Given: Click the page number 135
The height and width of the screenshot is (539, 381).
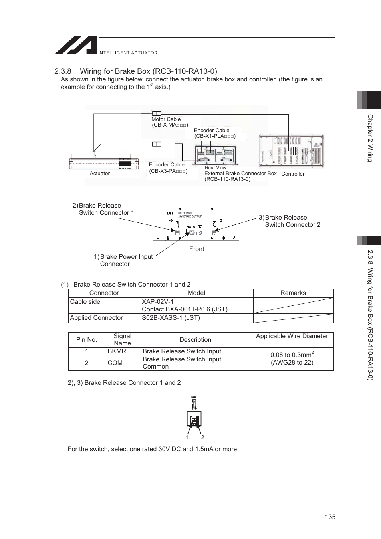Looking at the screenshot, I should pyautogui.click(x=330, y=517).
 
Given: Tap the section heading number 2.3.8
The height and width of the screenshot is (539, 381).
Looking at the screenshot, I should pyautogui.click(x=63, y=71).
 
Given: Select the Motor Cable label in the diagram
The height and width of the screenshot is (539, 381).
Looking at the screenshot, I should pyautogui.click(x=166, y=119).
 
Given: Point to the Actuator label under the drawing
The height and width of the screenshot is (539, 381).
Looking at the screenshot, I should pyautogui.click(x=99, y=174).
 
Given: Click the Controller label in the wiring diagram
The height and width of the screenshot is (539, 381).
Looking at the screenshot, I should pyautogui.click(x=293, y=174).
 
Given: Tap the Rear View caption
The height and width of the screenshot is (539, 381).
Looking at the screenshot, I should pyautogui.click(x=215, y=168).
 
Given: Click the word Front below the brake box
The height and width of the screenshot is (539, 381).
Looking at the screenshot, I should pyautogui.click(x=196, y=249).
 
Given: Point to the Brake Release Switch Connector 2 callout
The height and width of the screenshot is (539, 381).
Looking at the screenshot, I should pyautogui.click(x=292, y=221).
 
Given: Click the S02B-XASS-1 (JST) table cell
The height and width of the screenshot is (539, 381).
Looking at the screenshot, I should pyautogui.click(x=171, y=318).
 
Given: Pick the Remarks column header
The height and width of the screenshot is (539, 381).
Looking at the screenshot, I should pyautogui.click(x=293, y=293).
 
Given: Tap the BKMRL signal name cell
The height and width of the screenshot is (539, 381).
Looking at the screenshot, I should pyautogui.click(x=119, y=351).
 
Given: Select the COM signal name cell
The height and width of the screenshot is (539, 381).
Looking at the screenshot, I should pyautogui.click(x=115, y=363).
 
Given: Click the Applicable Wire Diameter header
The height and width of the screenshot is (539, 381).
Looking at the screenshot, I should pyautogui.click(x=292, y=336).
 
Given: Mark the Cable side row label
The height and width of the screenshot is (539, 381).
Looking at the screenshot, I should pyautogui.click(x=85, y=302).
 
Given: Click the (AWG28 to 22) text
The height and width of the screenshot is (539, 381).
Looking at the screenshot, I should pyautogui.click(x=292, y=363).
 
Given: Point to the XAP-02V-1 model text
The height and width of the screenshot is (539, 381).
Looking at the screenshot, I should pyautogui.click(x=158, y=302).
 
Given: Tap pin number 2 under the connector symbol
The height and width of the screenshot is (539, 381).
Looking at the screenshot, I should pyautogui.click(x=202, y=438).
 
